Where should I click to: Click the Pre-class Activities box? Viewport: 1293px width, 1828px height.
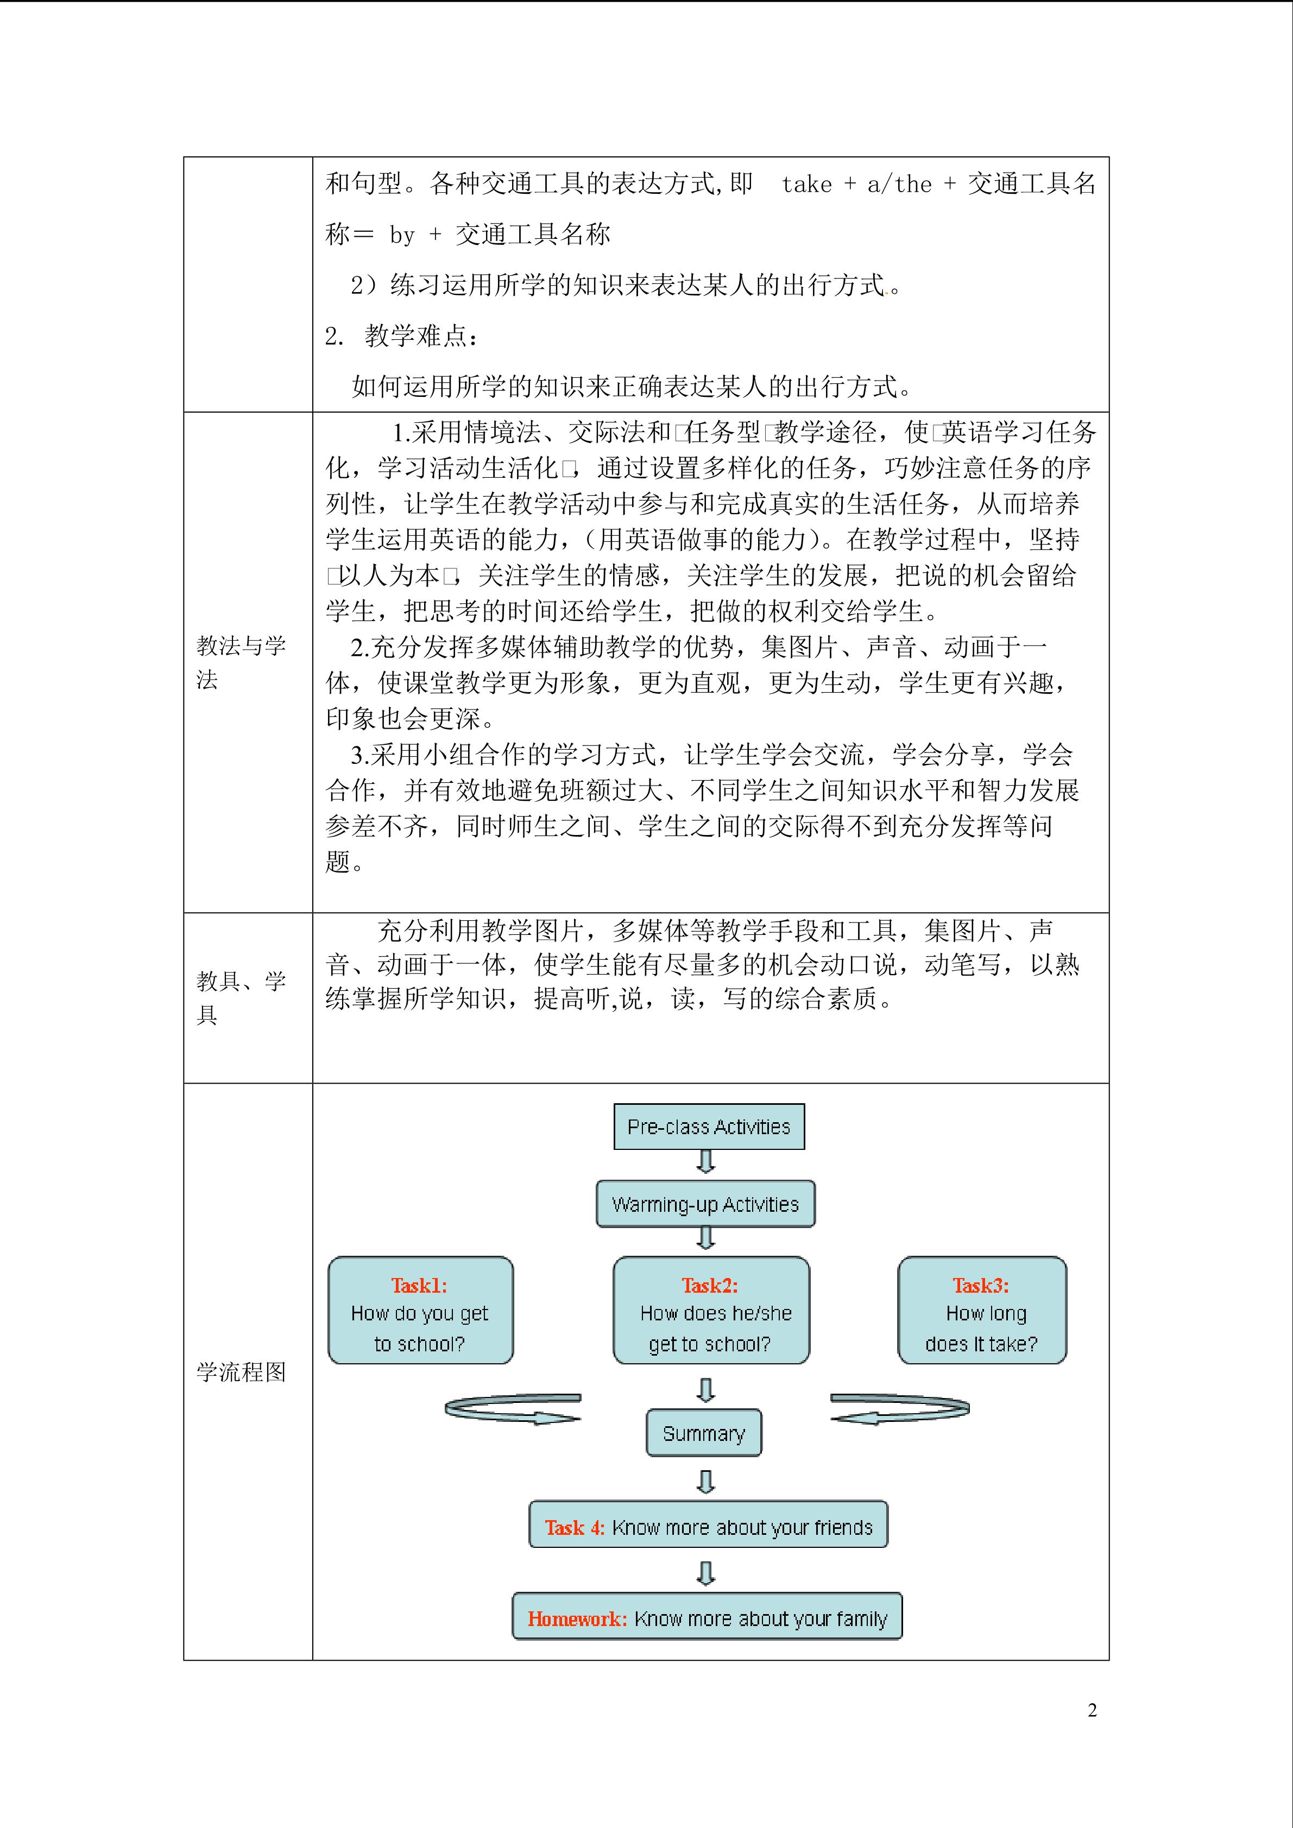[x=709, y=1127]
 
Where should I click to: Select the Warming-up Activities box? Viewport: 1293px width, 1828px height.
[x=705, y=1204]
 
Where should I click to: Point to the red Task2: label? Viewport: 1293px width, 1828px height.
[x=709, y=1285]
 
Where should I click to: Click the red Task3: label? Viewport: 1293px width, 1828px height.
[x=981, y=1285]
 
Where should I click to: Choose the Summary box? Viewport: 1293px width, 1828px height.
[x=704, y=1433]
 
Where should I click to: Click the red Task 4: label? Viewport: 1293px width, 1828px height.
[x=574, y=1527]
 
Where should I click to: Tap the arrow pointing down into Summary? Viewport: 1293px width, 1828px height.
[x=705, y=1390]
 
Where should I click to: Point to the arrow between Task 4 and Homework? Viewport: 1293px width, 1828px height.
[x=705, y=1572]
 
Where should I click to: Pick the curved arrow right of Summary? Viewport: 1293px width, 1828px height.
[x=900, y=1408]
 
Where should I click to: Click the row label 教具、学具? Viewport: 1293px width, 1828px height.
[x=241, y=997]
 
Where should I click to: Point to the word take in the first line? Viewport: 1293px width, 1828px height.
[x=806, y=185]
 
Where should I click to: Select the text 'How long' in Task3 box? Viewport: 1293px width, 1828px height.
[x=986, y=1314]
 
